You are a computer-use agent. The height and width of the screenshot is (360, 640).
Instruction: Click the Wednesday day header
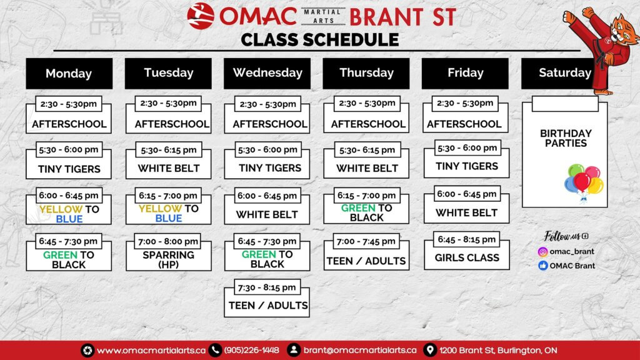[267, 73]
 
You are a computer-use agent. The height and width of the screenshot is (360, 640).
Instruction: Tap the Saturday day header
[564, 73]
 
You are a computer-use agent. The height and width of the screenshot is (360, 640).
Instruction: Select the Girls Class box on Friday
[466, 257]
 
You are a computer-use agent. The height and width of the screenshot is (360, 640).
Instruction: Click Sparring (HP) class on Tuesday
[168, 259]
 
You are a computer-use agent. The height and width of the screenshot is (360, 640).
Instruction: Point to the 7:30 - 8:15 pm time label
[267, 287]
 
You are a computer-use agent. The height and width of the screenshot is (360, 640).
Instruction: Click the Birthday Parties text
[565, 138]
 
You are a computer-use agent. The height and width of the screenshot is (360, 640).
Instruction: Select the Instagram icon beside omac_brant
[543, 252]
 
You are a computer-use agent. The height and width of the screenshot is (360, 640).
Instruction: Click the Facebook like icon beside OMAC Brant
[543, 266]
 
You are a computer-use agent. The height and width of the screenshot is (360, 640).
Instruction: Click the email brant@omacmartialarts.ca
[360, 350]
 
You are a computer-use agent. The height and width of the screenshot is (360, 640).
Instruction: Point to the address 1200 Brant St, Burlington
[497, 350]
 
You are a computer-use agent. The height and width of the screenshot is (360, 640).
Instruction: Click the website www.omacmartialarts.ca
[151, 350]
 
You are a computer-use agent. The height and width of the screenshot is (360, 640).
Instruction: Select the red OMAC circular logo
[201, 16]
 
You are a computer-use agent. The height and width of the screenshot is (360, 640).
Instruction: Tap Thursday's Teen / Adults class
[366, 261]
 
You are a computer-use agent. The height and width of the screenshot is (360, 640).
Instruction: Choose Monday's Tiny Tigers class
[69, 169]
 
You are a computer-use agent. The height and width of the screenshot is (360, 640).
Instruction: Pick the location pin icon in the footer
[430, 350]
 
